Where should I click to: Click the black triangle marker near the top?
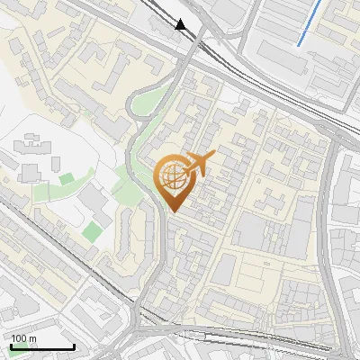coord(182,24)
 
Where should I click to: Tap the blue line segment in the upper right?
coord(309,22)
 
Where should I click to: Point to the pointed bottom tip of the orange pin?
coord(172,211)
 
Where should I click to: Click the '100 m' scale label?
coord(23,338)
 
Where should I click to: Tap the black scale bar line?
coord(42,346)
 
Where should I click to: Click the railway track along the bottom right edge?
coord(270,341)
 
